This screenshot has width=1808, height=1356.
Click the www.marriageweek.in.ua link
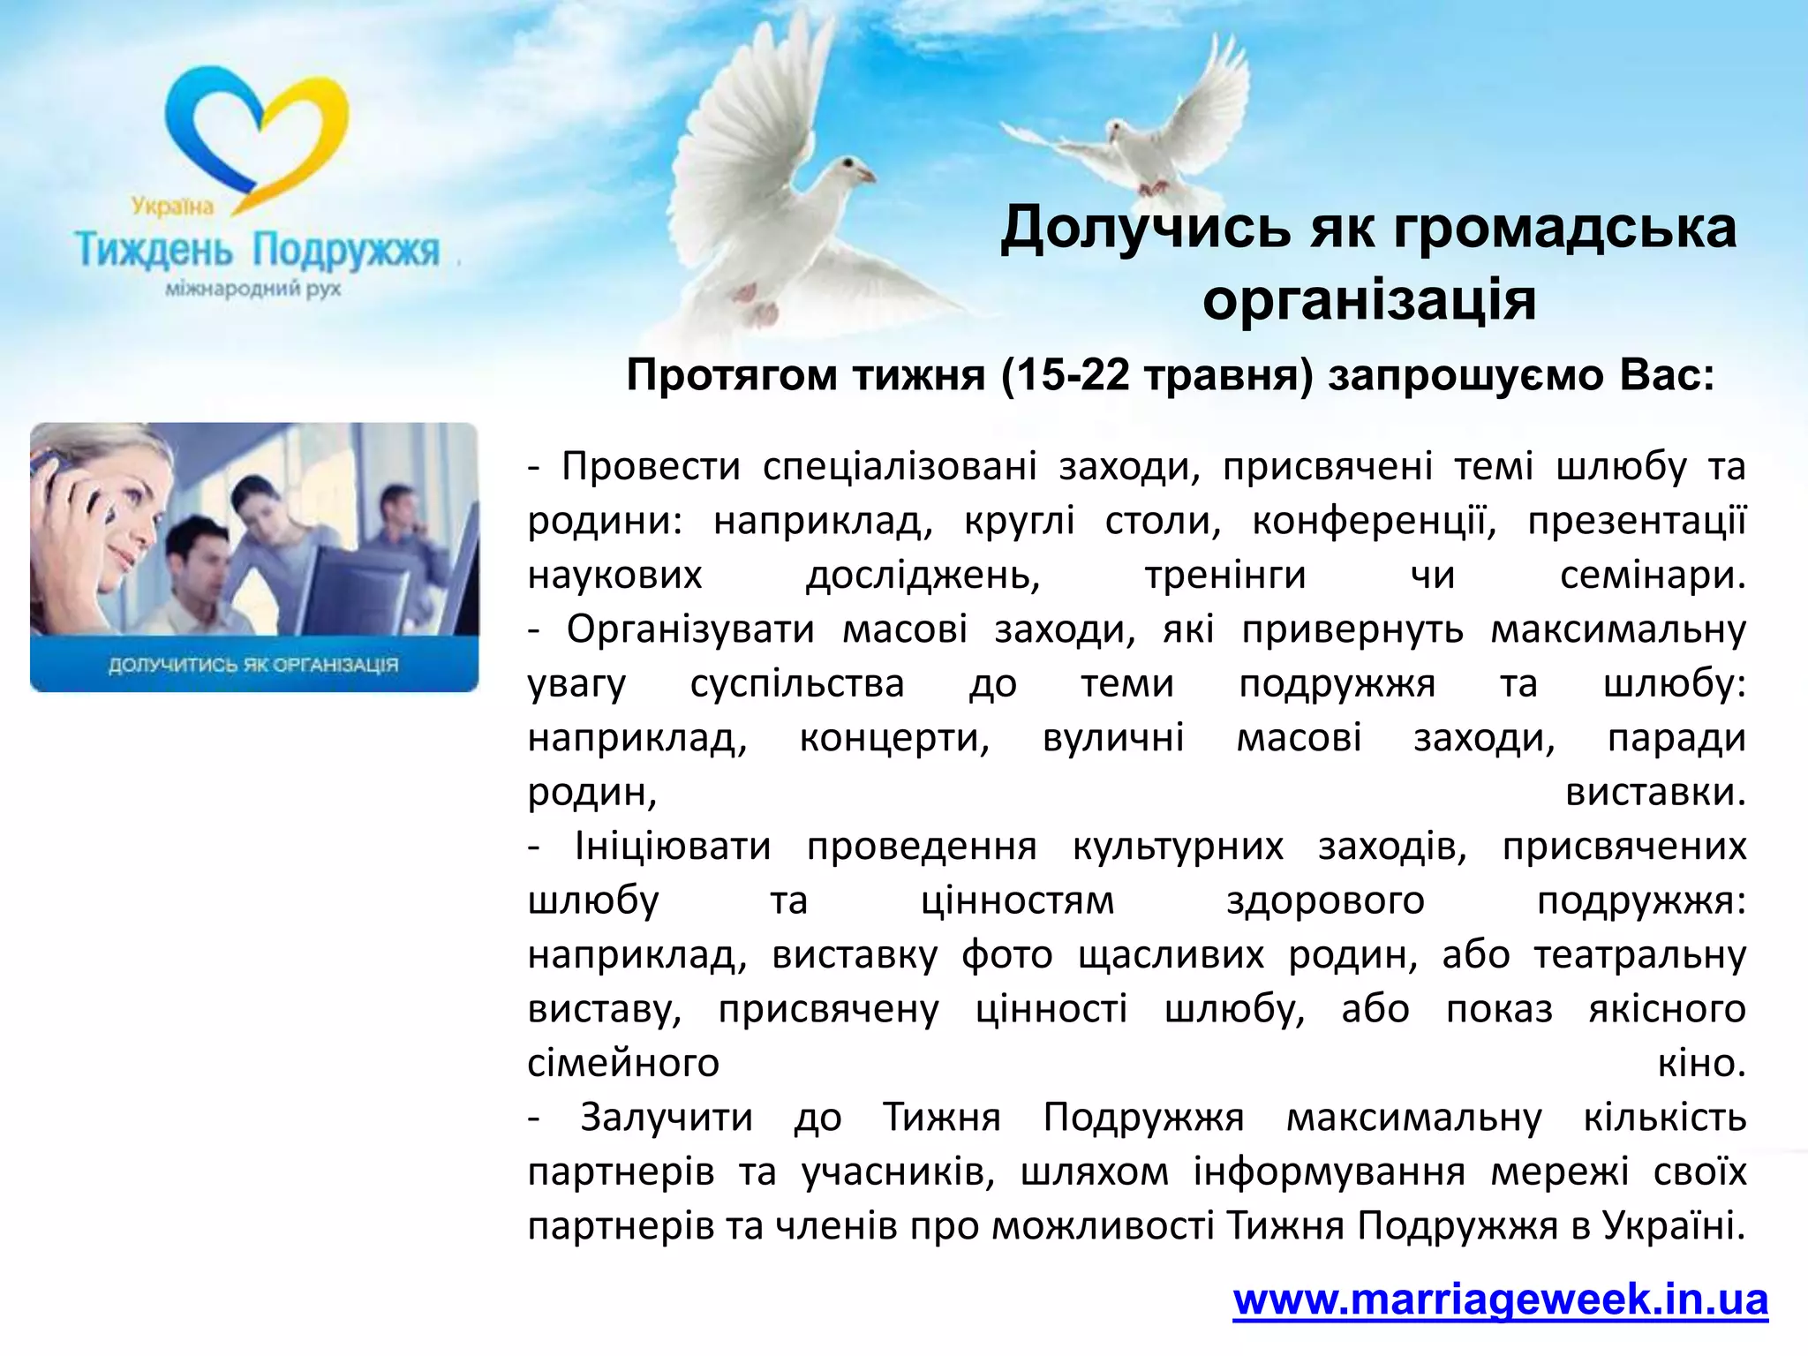[x=1500, y=1300]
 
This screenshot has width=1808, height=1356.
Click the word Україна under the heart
[x=173, y=207]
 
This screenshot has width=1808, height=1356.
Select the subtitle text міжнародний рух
[x=253, y=289]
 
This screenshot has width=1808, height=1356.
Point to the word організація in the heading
[x=1369, y=300]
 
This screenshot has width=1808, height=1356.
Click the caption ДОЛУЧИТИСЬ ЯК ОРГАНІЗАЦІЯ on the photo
[x=253, y=664]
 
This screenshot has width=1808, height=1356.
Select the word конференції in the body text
[x=1374, y=521]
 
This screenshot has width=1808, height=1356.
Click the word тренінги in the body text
[x=1224, y=576]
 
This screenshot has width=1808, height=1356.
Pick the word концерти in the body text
[x=894, y=738]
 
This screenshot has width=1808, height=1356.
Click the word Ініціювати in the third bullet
[x=673, y=847]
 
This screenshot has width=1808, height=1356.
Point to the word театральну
[x=1639, y=955]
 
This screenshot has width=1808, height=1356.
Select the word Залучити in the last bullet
[x=667, y=1118]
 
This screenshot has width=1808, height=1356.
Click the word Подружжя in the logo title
[x=345, y=250]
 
